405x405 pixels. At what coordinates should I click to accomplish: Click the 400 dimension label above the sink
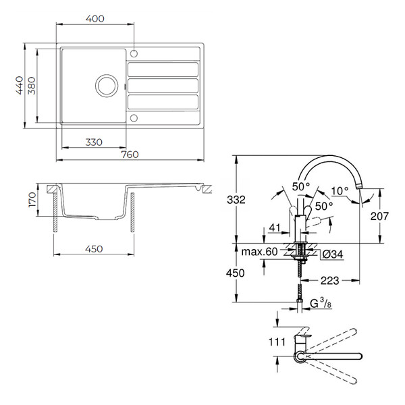point(94,19)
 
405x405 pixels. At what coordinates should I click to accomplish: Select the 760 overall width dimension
point(130,155)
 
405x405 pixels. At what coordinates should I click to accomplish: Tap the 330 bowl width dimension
point(94,142)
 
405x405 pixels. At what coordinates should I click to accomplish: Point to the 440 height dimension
point(19,86)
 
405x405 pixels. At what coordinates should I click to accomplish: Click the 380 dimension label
point(32,86)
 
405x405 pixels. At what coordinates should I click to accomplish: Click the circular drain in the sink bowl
point(107,86)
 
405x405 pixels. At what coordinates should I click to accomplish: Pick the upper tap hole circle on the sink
point(134,54)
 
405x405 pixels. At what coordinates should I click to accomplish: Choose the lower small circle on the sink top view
point(134,118)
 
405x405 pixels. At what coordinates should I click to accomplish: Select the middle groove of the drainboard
point(163,86)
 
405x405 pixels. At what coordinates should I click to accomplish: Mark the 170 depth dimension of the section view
point(32,199)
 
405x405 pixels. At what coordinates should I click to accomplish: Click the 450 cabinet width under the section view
point(94,249)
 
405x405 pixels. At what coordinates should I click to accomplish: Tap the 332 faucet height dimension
point(236,200)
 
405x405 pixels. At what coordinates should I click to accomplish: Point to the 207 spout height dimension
point(379,216)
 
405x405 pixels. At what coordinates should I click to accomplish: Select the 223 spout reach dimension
point(330,280)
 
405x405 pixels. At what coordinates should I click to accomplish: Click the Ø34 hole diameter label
point(333,254)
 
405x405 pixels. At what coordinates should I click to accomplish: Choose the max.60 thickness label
point(259,252)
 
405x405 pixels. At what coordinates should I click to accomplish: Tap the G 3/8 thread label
point(321,303)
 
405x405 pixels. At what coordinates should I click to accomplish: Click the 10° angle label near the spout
point(340,191)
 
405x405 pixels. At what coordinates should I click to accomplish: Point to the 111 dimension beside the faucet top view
point(277,342)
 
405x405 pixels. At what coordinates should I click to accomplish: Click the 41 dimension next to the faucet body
point(275,227)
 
